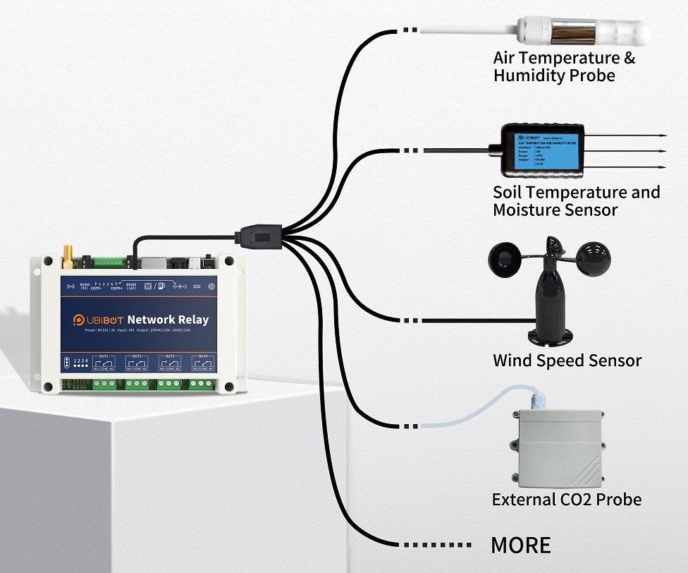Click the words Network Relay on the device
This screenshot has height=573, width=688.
click(x=168, y=320)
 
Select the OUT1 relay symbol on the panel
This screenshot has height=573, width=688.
click(x=104, y=364)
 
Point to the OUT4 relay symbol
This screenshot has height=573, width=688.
click(x=202, y=364)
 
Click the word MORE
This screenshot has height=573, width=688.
click(x=520, y=545)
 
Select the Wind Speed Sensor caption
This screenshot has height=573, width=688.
click(x=567, y=361)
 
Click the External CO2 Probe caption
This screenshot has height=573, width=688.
click(x=566, y=500)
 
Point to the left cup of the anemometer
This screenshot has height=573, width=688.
click(x=505, y=258)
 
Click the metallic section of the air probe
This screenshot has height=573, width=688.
click(x=573, y=32)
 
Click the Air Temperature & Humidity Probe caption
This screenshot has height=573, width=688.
click(x=564, y=67)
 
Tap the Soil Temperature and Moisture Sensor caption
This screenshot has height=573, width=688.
click(x=576, y=201)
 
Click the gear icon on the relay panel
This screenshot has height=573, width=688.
click(x=211, y=286)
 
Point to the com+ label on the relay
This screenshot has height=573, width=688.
click(x=116, y=289)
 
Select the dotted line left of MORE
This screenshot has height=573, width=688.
click(x=435, y=545)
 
